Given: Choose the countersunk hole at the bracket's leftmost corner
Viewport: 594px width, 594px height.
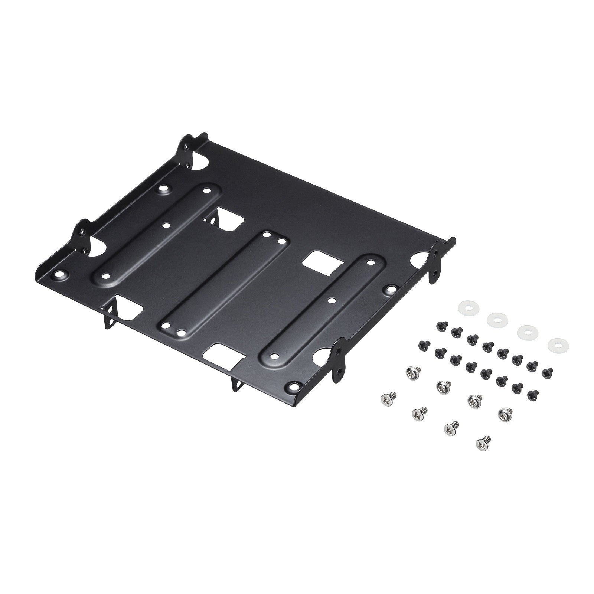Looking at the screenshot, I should (x=59, y=275).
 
